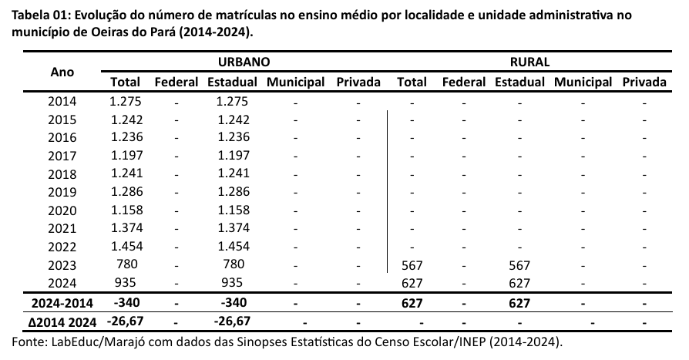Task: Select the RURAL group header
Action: pos(529,63)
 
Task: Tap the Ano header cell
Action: pos(62,72)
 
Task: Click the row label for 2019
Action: pos(62,191)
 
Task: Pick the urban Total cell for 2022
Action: pos(124,246)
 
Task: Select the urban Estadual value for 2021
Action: pos(234,227)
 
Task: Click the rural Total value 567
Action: pos(412,265)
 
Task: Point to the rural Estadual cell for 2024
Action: pos(520,283)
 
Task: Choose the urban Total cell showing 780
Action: pos(124,264)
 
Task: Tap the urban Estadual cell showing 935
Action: pos(234,283)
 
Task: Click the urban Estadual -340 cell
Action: pos(234,302)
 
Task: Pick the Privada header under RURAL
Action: pos(645,82)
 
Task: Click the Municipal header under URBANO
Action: pos(295,82)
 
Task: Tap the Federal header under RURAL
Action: pos(463,82)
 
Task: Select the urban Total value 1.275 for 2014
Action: pos(124,100)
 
